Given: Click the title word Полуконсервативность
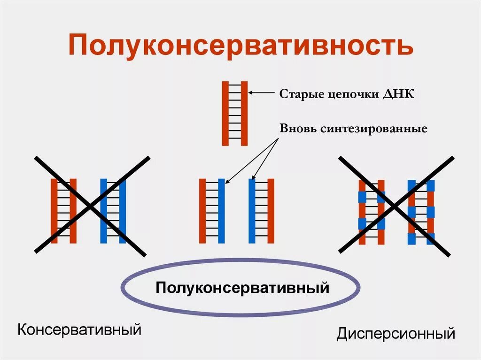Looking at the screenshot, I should point(240,45).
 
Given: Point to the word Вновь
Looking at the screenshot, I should point(297,128).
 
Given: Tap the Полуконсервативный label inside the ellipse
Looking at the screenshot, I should point(242,287).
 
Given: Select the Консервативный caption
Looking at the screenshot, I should point(79,329).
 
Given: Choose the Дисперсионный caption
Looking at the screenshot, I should point(396,334).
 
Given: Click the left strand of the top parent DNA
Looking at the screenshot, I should point(225,113).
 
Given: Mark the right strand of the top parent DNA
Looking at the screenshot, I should point(244,113).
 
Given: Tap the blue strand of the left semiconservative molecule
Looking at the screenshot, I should point(221,211).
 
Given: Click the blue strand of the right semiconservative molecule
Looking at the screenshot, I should point(252,211).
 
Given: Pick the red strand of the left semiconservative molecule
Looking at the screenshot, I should point(202,211).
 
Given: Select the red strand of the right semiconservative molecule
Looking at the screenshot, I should point(271,211).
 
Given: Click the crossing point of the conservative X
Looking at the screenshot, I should point(91,206).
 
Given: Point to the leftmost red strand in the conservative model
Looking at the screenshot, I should point(54,211).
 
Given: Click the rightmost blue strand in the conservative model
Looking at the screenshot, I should point(122,211).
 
